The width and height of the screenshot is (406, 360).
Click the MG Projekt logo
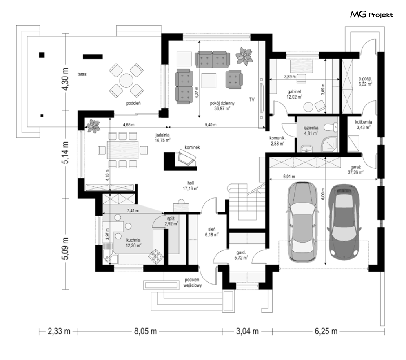point(371,15)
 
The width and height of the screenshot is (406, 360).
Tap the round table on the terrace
point(126,80)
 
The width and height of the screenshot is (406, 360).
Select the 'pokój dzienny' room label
point(222,103)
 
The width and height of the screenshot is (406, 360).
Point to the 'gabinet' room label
point(295,92)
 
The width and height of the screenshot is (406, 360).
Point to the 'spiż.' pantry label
point(171,219)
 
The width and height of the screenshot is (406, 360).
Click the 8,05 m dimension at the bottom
point(145,331)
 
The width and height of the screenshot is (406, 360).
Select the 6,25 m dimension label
point(326,331)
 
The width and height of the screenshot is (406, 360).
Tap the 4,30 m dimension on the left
point(66,79)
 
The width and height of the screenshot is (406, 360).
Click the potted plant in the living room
point(244,55)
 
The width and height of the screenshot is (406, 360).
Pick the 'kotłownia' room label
point(364,122)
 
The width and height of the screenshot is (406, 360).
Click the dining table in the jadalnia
point(123,150)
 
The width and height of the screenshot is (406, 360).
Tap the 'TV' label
point(252,99)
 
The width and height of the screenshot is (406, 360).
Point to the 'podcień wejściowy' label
point(193,283)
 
